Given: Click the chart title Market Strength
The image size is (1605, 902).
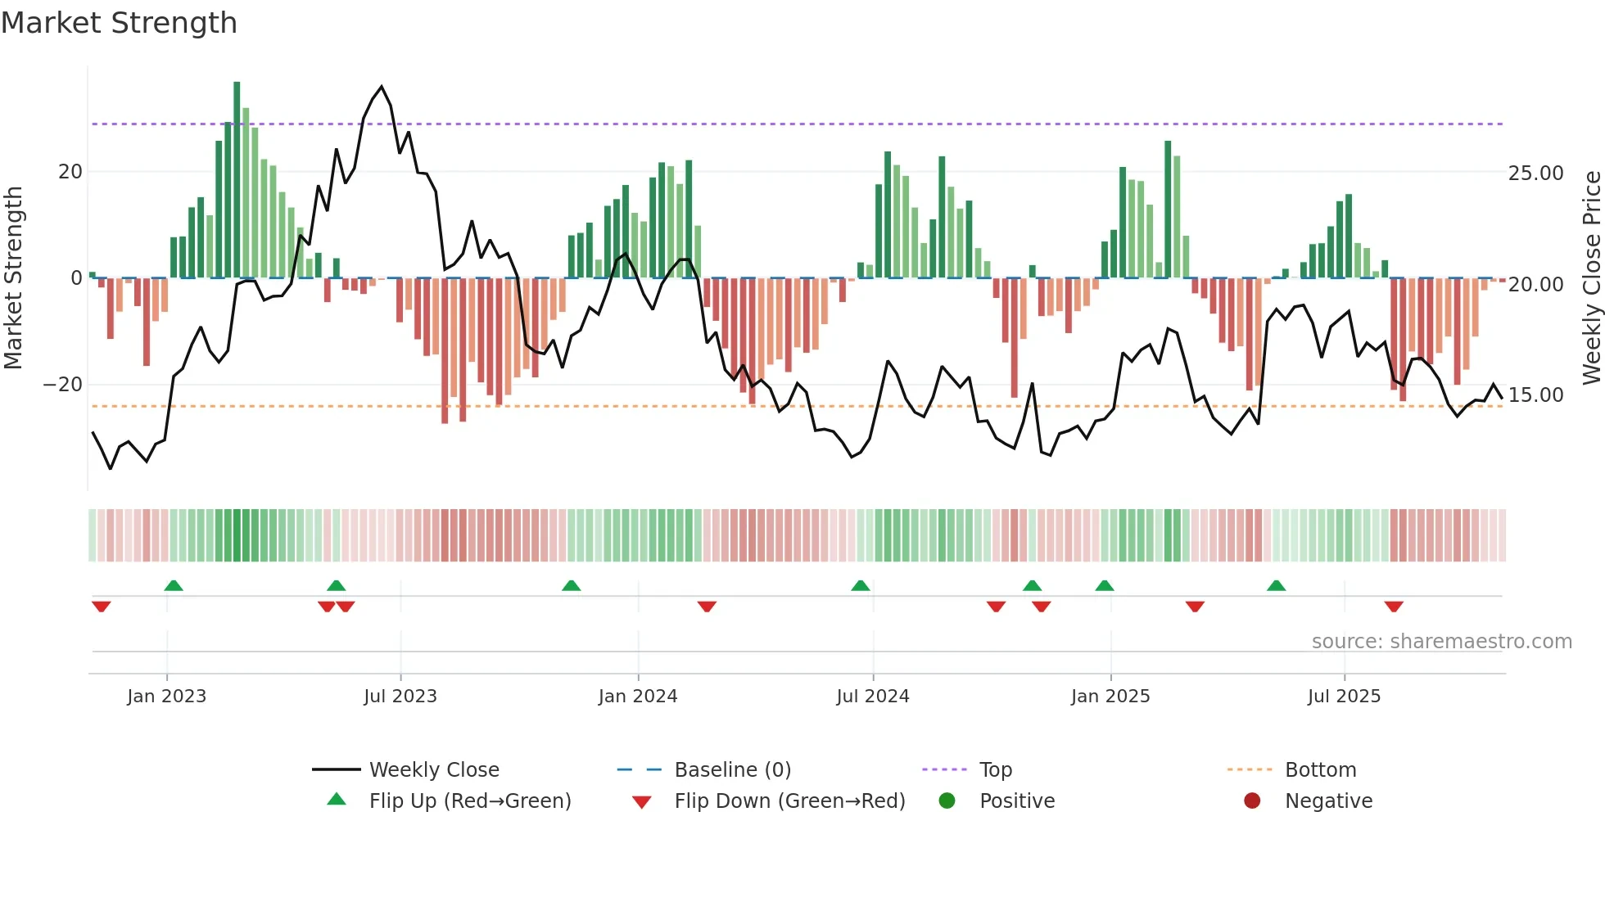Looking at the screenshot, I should [119, 23].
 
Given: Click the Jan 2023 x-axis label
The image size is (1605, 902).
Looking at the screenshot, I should [166, 697].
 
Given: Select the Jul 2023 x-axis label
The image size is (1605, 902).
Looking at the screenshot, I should [400, 697].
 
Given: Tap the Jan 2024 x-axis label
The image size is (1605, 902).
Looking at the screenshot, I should [638, 697].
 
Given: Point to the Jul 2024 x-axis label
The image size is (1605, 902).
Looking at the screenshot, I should [873, 697].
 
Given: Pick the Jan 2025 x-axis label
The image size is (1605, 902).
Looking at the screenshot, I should [1110, 697].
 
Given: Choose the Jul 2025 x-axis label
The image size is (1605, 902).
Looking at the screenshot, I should [1344, 697].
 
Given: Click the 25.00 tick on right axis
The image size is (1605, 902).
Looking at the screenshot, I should [1535, 174].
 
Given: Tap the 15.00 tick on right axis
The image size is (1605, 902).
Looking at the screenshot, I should [1535, 395].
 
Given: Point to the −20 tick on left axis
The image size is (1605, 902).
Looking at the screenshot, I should [63, 385].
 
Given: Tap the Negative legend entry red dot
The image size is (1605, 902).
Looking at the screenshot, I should [1252, 801].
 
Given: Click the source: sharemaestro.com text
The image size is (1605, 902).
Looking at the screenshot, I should [1441, 642].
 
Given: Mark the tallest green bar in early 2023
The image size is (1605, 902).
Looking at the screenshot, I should [237, 180].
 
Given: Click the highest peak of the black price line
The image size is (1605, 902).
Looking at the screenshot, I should [382, 87].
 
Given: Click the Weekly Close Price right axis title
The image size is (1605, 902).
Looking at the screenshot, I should [1591, 278].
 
